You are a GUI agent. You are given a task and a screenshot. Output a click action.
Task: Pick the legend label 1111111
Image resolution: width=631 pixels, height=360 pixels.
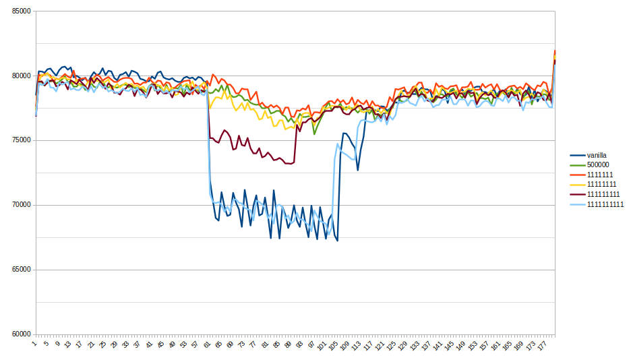(x=600, y=175)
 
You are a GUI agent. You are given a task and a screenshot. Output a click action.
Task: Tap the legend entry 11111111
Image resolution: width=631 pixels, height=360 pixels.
(x=602, y=185)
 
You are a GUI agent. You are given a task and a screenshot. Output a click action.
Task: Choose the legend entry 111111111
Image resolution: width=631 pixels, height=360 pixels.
(x=603, y=195)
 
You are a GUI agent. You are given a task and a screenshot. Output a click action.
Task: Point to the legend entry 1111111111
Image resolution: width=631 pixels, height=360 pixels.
(x=605, y=205)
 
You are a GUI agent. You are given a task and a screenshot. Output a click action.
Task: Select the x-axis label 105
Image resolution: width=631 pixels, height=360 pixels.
(x=332, y=346)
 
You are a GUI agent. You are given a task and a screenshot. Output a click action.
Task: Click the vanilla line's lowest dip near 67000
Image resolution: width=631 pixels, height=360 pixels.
(x=337, y=241)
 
